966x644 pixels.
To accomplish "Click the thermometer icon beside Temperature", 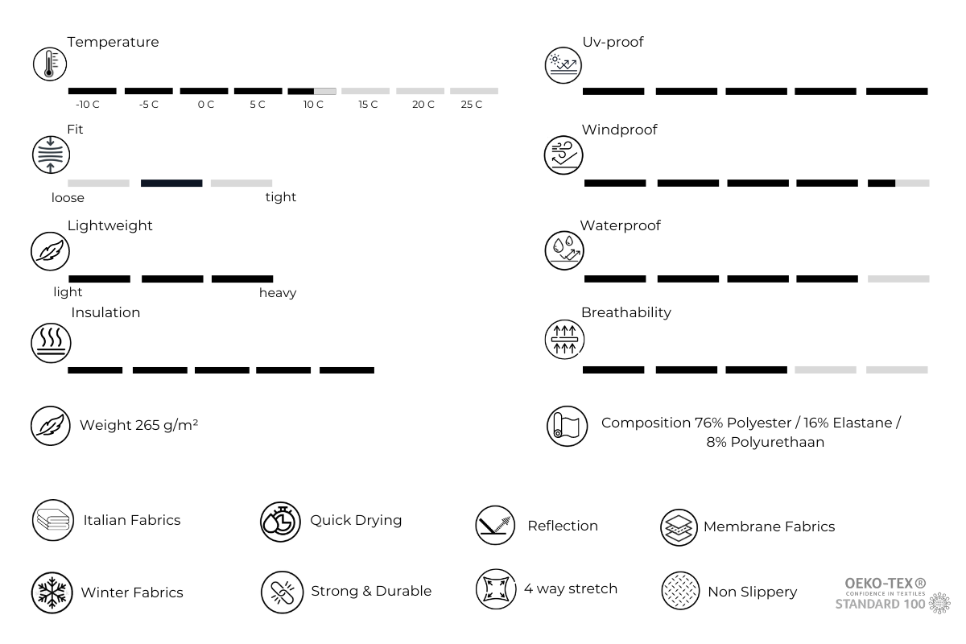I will coord(50,64).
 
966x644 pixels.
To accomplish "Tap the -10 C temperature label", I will coord(87,105).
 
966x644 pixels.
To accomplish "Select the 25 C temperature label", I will coord(472,105).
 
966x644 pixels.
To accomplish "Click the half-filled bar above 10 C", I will coord(312,91).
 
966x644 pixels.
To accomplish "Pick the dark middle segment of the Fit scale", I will coord(171,184).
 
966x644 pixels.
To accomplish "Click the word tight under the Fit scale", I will coord(281,197).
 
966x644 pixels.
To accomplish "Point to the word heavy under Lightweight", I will coord(278,293).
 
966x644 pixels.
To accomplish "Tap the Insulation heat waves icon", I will coord(51,341).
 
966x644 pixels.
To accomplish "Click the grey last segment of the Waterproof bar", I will coord(898,279).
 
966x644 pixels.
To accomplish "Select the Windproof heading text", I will coord(619,130).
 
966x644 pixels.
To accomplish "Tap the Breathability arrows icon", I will coord(563,339).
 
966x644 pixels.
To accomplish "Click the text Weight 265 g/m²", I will coord(138,425).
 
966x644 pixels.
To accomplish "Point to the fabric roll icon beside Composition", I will coord(563,427).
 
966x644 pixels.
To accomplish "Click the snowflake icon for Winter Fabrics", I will coord(51,593).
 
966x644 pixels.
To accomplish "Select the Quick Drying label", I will coord(356,520).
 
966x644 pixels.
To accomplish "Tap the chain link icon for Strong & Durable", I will coord(281,592).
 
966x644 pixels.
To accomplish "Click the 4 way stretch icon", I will coord(494,589).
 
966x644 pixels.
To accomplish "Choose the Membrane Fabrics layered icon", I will coord(679,528).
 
